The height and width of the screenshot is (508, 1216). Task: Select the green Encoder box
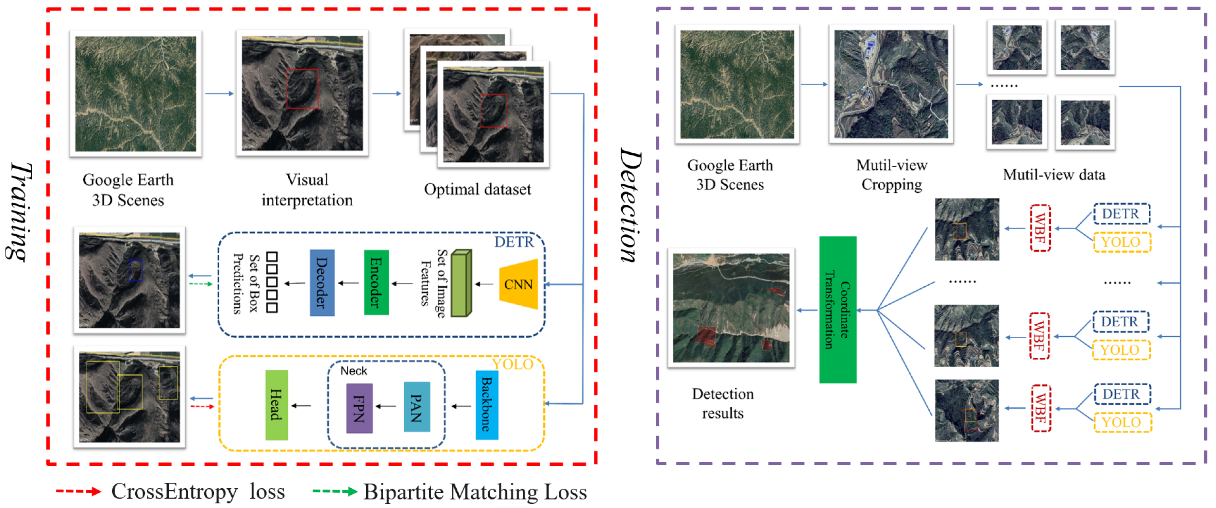(x=376, y=282)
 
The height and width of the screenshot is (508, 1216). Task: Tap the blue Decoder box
(x=322, y=282)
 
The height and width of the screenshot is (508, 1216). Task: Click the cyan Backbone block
(x=487, y=405)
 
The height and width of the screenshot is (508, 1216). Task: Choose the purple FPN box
(x=359, y=408)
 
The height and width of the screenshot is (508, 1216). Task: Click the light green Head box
(x=276, y=405)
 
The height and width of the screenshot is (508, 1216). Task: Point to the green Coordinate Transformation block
(x=838, y=309)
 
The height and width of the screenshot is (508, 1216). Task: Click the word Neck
(x=354, y=371)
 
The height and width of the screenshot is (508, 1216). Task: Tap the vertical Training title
(x=19, y=213)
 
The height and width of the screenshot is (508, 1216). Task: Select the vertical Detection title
(x=630, y=205)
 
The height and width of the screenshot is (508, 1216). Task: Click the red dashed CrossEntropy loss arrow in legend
(x=78, y=491)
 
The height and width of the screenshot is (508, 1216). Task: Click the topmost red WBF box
(x=1040, y=228)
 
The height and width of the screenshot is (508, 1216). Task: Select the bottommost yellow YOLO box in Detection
(x=1122, y=422)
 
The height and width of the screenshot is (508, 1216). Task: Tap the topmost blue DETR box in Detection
(x=1121, y=214)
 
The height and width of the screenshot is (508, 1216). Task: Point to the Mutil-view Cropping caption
(x=891, y=175)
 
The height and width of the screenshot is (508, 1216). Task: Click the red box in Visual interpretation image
(x=302, y=89)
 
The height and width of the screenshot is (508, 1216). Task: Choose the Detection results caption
(x=723, y=403)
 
